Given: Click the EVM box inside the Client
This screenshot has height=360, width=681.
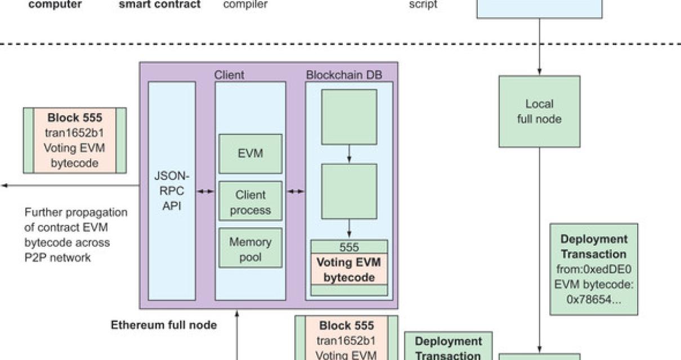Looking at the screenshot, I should (250, 154).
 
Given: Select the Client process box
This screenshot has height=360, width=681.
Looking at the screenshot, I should (250, 202).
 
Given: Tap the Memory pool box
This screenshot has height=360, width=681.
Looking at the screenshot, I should (250, 250).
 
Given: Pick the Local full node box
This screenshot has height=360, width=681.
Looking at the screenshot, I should (539, 111).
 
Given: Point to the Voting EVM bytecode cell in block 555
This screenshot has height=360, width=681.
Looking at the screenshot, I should (349, 270).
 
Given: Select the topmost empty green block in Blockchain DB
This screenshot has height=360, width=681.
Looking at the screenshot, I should (349, 117).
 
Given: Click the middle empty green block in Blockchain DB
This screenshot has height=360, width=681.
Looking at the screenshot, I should (349, 191).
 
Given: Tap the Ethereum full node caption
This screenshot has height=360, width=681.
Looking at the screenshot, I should (164, 325).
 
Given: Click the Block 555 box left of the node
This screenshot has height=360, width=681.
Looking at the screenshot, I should (75, 140).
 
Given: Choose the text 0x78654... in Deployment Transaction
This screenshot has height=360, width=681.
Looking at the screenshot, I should (594, 299).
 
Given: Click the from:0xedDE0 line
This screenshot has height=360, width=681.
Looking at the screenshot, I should (594, 269).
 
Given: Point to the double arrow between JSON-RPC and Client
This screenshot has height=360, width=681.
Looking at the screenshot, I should (205, 191).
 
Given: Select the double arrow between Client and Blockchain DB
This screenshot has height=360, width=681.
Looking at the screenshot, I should (295, 191).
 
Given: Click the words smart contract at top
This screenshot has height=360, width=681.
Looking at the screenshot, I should (160, 5).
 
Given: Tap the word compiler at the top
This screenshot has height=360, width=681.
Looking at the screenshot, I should (245, 5).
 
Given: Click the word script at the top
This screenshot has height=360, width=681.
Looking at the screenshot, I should (423, 5).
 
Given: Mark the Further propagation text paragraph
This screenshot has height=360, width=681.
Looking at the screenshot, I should (76, 235).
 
